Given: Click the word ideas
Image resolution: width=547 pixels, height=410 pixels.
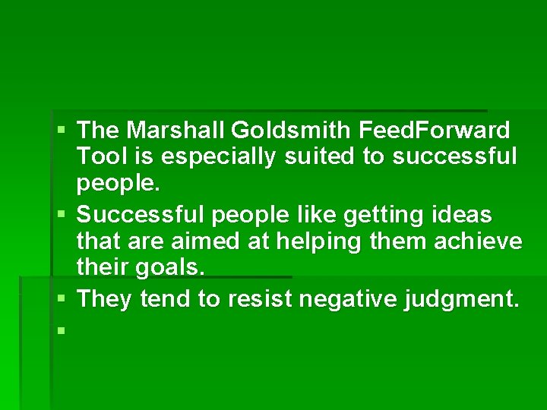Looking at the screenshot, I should tap(463, 215).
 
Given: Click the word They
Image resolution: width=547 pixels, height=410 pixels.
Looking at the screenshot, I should tap(106, 299).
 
